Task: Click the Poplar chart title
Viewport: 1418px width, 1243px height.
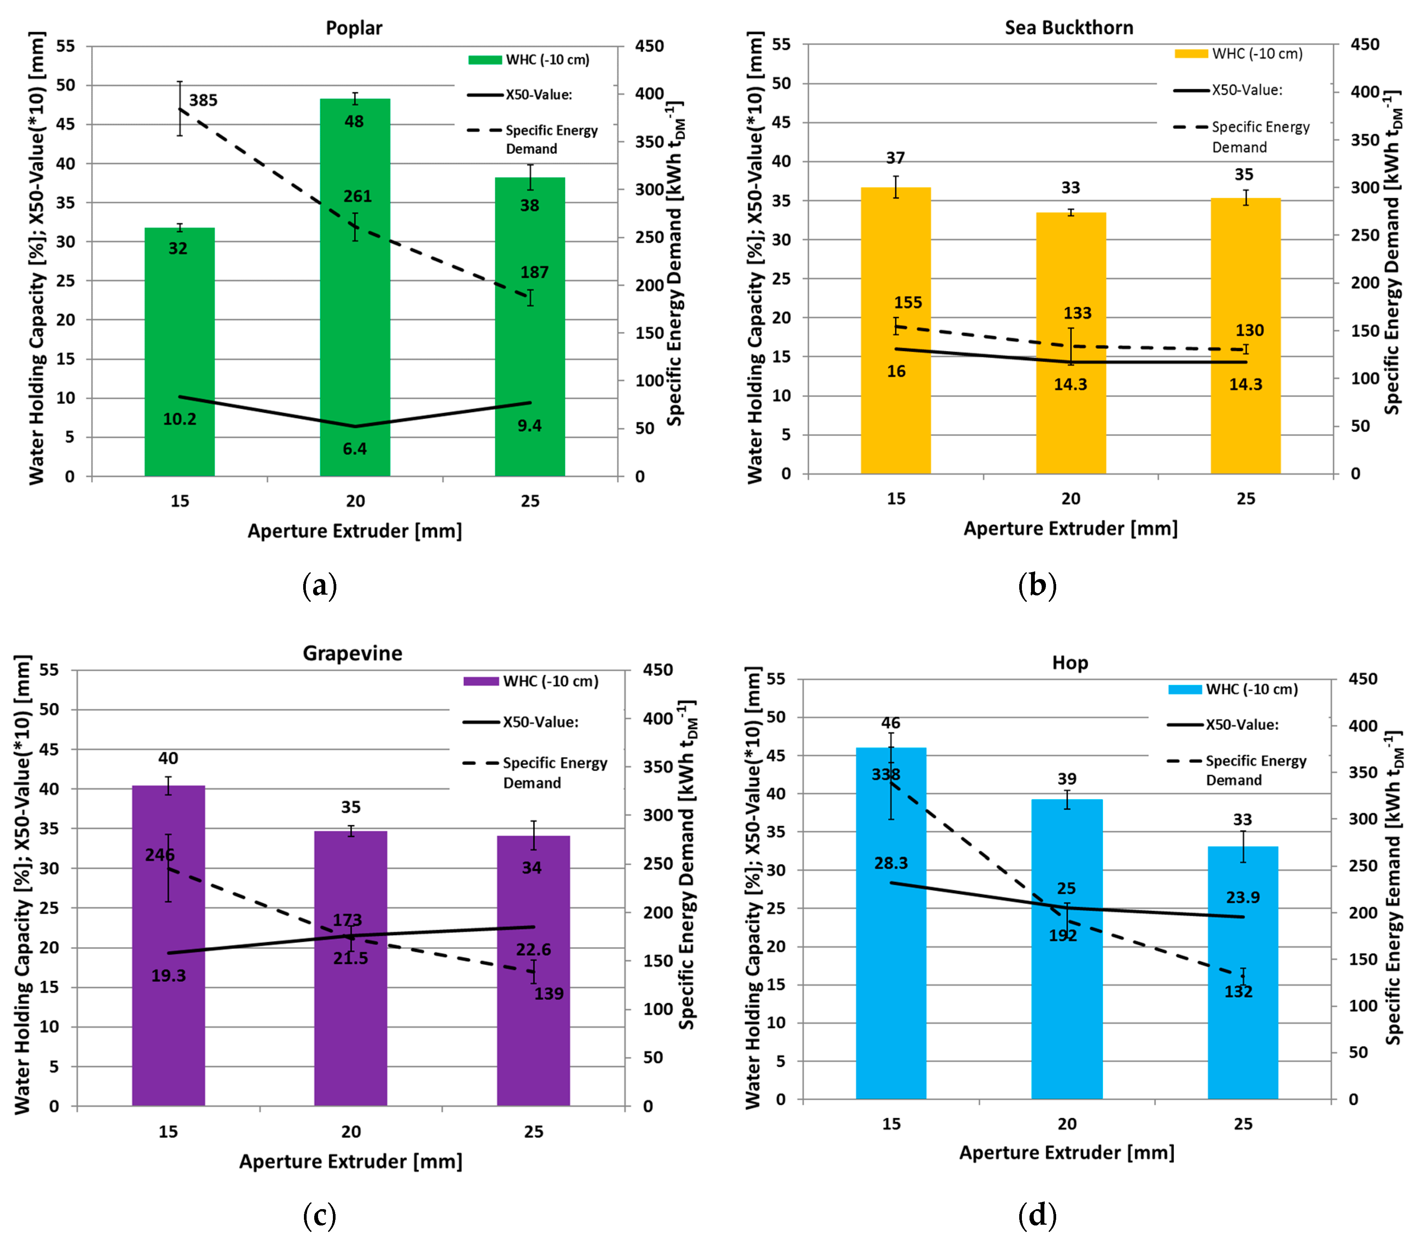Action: pyautogui.click(x=353, y=28)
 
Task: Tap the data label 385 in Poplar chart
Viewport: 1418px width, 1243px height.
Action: pyautogui.click(x=203, y=101)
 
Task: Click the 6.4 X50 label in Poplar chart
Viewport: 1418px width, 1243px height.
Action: pyautogui.click(x=354, y=449)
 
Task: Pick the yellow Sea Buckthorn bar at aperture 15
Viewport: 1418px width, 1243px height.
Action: pyautogui.click(x=895, y=333)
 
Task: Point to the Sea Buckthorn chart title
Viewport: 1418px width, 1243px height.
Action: pyautogui.click(x=1068, y=28)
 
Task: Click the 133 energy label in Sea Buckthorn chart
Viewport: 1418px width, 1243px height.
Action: pyautogui.click(x=1077, y=314)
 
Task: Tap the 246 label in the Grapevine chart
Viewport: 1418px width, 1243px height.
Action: pyautogui.click(x=160, y=854)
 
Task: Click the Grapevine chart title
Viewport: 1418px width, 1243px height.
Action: pyautogui.click(x=352, y=653)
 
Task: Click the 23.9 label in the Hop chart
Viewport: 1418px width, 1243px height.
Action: pyautogui.click(x=1242, y=897)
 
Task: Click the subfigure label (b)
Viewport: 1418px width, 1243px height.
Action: pyautogui.click(x=1038, y=586)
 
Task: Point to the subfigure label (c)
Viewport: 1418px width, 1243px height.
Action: pyautogui.click(x=320, y=1215)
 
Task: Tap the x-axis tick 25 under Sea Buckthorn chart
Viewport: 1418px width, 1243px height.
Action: pyautogui.click(x=1245, y=499)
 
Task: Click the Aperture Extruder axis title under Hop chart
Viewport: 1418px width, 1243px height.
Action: pyautogui.click(x=1066, y=1153)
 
